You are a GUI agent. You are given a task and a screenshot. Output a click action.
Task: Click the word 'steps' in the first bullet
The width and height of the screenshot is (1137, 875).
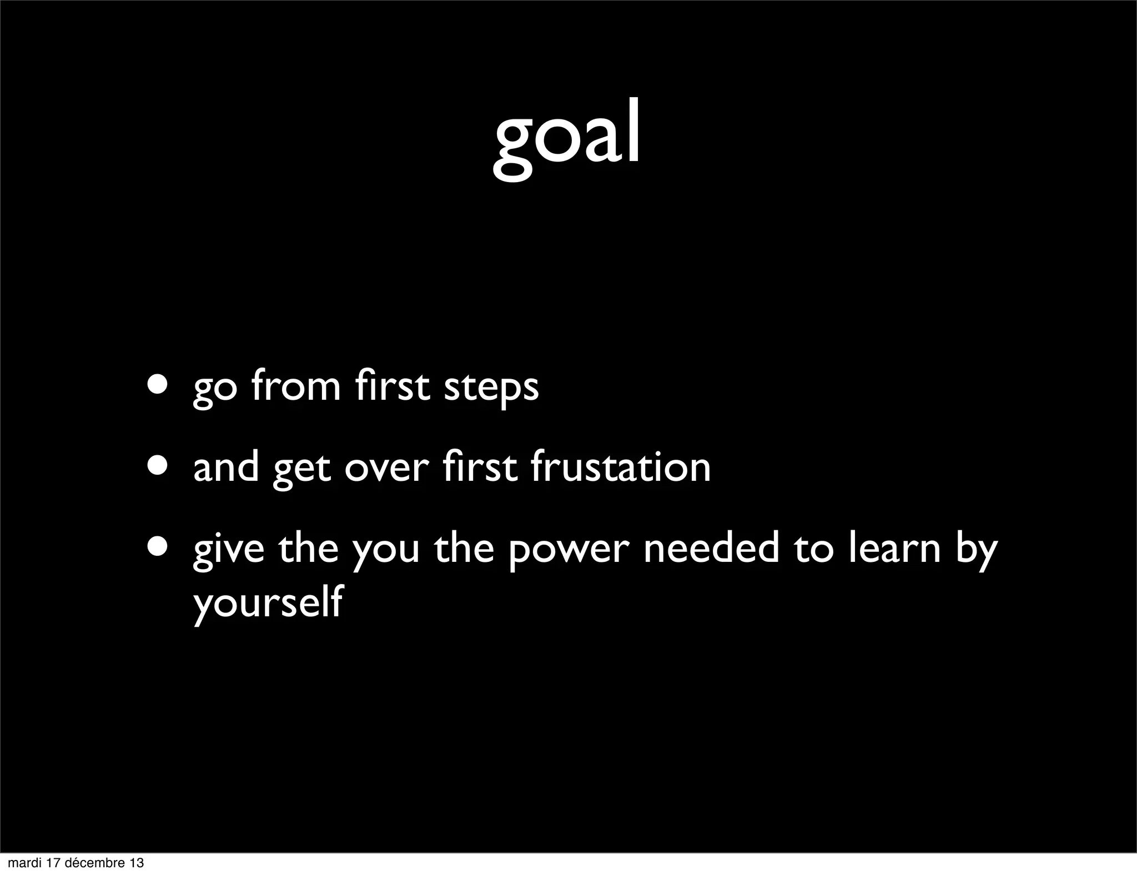(491, 387)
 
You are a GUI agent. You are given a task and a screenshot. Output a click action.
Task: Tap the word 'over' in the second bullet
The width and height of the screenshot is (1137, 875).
(386, 467)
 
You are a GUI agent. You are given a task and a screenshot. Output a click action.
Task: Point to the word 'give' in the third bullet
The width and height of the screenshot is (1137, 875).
(228, 549)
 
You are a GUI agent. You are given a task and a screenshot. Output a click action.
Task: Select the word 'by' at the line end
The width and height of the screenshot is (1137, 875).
(976, 549)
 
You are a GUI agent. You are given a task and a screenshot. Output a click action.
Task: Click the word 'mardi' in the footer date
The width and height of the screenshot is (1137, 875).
(23, 863)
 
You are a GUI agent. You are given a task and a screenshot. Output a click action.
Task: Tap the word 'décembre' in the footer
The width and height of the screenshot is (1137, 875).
(97, 863)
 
